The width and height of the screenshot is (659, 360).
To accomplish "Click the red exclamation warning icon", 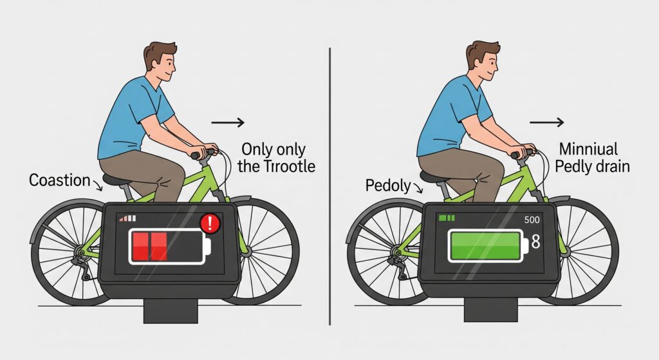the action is coord(210,223).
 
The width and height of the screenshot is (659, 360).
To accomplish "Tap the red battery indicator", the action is coord(170,247).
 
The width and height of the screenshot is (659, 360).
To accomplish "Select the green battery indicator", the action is coord(488,245).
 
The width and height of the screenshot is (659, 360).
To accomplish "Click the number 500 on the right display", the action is coord(532,220).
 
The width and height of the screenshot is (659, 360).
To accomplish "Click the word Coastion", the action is coord(60,180).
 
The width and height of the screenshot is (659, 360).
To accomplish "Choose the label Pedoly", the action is coord(388,185).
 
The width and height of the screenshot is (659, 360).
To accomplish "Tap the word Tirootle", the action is coord(290,166).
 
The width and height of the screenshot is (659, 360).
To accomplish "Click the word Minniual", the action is coord(588,149).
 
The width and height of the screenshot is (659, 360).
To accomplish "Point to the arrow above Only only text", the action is coord(227,122).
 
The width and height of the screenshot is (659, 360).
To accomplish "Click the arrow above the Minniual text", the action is coord(546,122).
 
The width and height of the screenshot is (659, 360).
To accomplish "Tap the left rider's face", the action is coord(165,67).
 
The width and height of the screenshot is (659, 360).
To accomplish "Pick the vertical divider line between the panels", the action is coord(330,186).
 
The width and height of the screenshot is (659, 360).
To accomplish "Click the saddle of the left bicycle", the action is coord(117,180).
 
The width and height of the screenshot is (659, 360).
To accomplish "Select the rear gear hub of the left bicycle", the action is coord(79,252).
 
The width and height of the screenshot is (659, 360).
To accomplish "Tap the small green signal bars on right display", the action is coord(447,218).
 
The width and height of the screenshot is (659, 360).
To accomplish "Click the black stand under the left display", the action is coord(171,311).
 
